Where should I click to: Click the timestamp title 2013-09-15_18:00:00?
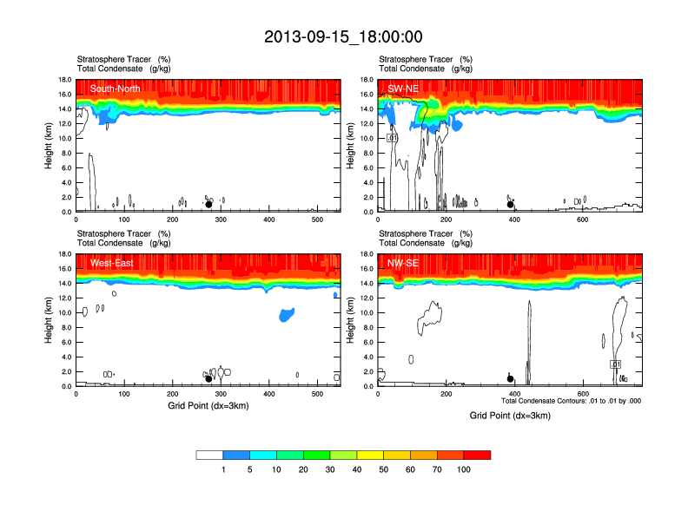[343, 36]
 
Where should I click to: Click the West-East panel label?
[111, 264]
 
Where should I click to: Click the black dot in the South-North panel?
[208, 205]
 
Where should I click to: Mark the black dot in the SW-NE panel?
[511, 205]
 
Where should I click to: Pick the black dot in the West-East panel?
[208, 379]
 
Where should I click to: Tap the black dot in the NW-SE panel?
[511, 379]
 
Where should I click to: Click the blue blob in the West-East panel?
[286, 315]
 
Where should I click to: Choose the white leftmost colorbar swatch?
[209, 455]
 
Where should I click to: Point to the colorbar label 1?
[223, 469]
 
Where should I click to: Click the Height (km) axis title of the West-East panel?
[49, 320]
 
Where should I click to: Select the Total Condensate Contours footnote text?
[571, 401]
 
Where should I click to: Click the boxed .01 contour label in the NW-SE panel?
[615, 364]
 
